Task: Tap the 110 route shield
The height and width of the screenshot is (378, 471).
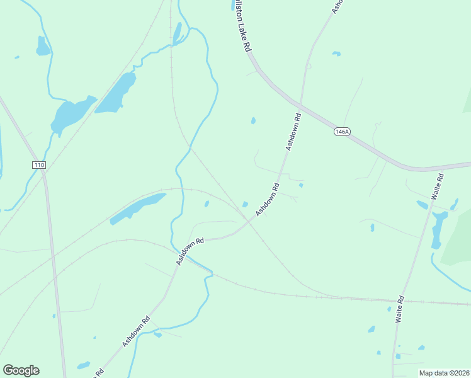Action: pos(39,165)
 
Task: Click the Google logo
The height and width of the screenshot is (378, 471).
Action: pos(21,370)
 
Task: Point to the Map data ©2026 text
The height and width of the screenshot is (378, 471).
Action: pos(443,373)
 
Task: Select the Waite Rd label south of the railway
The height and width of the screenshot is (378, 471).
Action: pos(400,309)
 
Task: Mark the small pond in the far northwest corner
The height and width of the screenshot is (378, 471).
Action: pos(42,47)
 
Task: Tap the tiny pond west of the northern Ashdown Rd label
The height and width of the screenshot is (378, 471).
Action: pos(253,120)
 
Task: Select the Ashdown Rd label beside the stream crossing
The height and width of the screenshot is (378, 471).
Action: pos(191,250)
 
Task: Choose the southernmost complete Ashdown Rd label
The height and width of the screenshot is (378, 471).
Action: pos(136,330)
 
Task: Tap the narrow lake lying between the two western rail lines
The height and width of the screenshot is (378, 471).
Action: pos(137,209)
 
